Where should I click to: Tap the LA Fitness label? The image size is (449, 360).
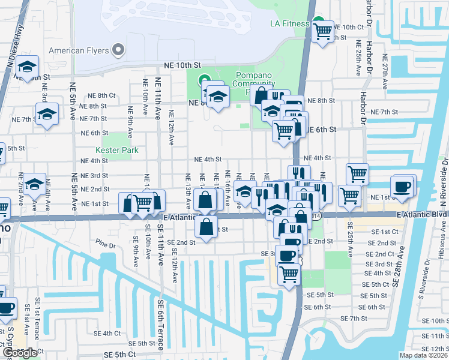(x=289, y=24)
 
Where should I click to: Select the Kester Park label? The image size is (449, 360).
(x=117, y=150)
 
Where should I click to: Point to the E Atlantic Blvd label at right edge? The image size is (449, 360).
(x=422, y=215)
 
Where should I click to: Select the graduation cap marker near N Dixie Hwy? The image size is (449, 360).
(x=27, y=66)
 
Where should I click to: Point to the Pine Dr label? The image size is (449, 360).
(x=104, y=245)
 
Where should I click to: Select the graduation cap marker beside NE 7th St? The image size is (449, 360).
(x=46, y=113)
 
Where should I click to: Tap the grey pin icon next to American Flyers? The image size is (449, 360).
(x=119, y=50)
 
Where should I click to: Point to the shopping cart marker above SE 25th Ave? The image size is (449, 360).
(x=349, y=194)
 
